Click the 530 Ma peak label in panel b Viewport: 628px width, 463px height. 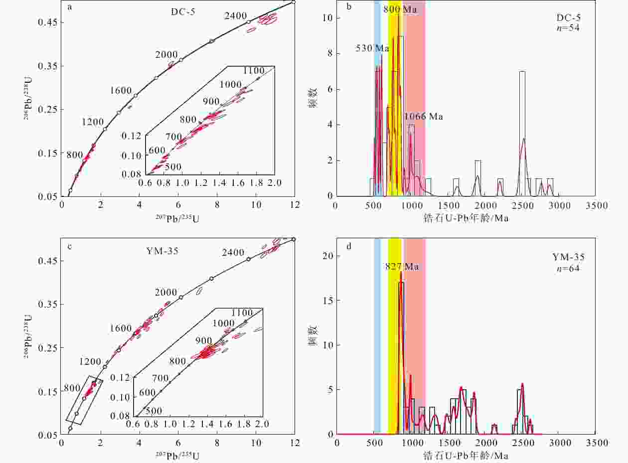pyautogui.click(x=372, y=48)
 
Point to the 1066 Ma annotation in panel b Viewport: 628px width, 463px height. pyautogui.click(x=423, y=116)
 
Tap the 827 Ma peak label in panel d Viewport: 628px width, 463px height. pyautogui.click(x=402, y=267)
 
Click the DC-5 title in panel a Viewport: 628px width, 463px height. pyautogui.click(x=183, y=12)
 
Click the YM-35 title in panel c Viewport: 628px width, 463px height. pyautogui.click(x=162, y=251)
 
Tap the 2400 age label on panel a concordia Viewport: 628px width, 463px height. pyautogui.click(x=235, y=15)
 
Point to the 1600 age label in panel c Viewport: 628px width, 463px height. pyautogui.click(x=121, y=328)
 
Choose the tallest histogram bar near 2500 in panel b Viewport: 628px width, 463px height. pyautogui.click(x=522, y=134)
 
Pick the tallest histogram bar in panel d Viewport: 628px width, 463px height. pyautogui.click(x=401, y=358)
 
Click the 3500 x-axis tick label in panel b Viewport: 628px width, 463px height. pyautogui.click(x=597, y=206)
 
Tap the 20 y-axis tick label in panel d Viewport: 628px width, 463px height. pyautogui.click(x=327, y=256)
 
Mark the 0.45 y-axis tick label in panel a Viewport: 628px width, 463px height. pyautogui.click(x=47, y=22)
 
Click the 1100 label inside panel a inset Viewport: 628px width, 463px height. pyautogui.click(x=253, y=70)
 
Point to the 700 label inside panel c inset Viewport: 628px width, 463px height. pyautogui.click(x=160, y=378)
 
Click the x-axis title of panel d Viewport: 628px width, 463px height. pyautogui.click(x=466, y=456)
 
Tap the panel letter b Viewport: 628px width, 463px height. pyautogui.click(x=349, y=6)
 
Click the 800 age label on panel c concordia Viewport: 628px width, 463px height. pyautogui.click(x=72, y=388)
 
